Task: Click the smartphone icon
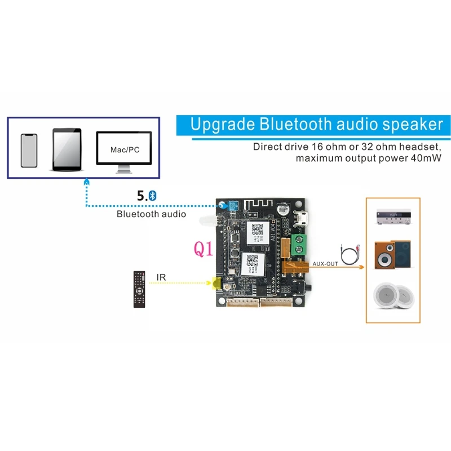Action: tap(29, 151)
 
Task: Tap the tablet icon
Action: tap(67, 149)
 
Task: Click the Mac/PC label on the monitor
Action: tap(124, 150)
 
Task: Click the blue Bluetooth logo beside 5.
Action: tap(152, 196)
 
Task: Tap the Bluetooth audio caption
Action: tap(151, 214)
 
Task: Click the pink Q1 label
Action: tap(204, 249)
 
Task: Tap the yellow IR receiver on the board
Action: tap(215, 283)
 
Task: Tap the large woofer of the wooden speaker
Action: tap(385, 259)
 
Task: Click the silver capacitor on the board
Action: tap(281, 211)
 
